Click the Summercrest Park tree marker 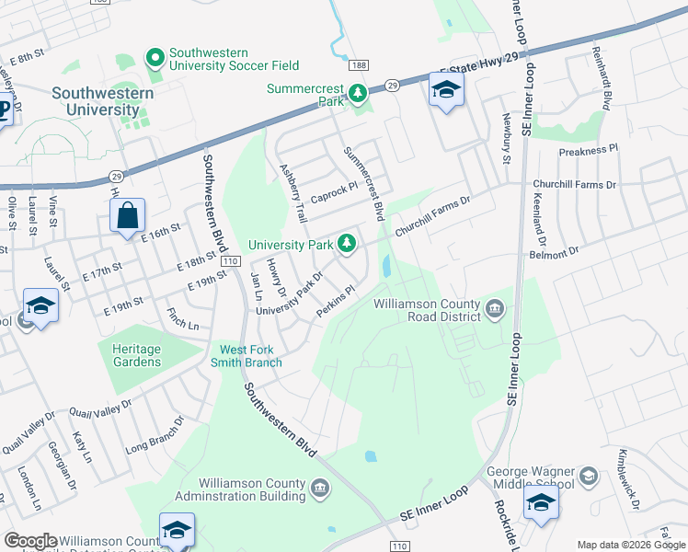pyautogui.click(x=356, y=93)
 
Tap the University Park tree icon pyautogui.click(x=347, y=244)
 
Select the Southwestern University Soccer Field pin pyautogui.click(x=155, y=58)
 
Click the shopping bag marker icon pyautogui.click(x=127, y=216)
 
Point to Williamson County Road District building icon pyautogui.click(x=495, y=306)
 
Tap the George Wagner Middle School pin pyautogui.click(x=589, y=477)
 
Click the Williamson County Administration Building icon pyautogui.click(x=320, y=488)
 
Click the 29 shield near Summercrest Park pyautogui.click(x=391, y=85)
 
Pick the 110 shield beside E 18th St pyautogui.click(x=230, y=262)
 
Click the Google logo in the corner pyautogui.click(x=30, y=541)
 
